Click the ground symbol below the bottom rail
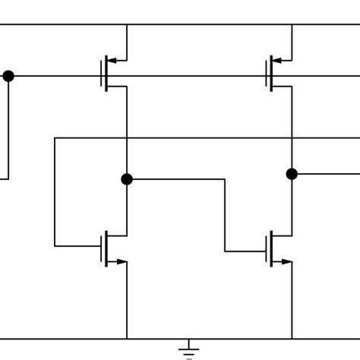189,349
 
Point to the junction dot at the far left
8,76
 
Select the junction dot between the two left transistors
127,179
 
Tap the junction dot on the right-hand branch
292,174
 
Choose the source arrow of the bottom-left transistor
120,262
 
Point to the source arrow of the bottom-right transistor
286,262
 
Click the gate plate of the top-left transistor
102,74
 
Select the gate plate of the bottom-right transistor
267,249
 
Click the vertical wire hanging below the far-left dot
8,129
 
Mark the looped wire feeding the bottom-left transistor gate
55,190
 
